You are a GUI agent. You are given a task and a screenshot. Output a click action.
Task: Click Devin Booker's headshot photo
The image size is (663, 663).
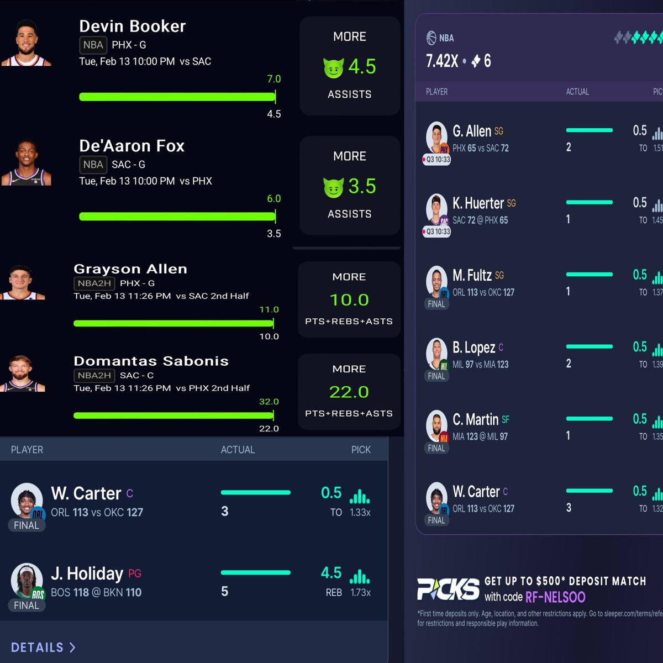coord(27,43)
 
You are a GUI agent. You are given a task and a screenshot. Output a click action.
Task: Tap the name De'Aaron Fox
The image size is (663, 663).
coord(131,146)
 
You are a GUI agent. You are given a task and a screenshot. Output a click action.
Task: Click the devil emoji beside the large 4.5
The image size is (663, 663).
coord(333,68)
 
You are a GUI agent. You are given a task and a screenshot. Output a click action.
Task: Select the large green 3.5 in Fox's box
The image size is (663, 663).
coord(362,187)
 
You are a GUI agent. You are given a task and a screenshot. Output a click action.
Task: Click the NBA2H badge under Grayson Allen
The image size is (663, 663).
coord(94,283)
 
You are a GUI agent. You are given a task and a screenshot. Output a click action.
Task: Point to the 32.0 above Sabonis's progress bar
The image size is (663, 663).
coord(269,402)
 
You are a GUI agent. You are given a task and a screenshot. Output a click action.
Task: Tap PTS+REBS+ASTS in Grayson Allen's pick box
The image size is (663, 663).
coord(349,322)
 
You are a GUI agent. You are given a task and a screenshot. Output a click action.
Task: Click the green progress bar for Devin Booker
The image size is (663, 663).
coord(177,97)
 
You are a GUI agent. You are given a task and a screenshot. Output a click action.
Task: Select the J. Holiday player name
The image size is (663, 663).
coord(87,573)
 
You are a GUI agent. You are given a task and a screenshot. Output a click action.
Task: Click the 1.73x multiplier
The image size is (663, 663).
coord(360,592)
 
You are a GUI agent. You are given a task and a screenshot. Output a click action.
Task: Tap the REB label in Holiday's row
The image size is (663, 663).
coord(334,592)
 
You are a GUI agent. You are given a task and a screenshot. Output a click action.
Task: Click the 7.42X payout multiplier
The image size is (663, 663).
coord(442,61)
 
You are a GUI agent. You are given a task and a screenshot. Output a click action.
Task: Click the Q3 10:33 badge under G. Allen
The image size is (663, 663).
coord(436,160)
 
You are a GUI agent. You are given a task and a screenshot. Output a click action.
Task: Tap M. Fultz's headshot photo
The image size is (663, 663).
coord(436,280)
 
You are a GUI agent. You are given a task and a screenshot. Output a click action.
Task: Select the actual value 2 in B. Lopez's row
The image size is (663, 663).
coord(569,364)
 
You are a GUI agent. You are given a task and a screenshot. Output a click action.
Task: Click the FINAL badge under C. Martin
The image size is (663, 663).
coord(436,448)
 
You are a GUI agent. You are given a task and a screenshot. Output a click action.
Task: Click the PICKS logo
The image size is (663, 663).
coord(448,589)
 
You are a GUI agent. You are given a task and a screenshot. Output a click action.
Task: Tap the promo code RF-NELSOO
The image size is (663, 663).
coord(555,597)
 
